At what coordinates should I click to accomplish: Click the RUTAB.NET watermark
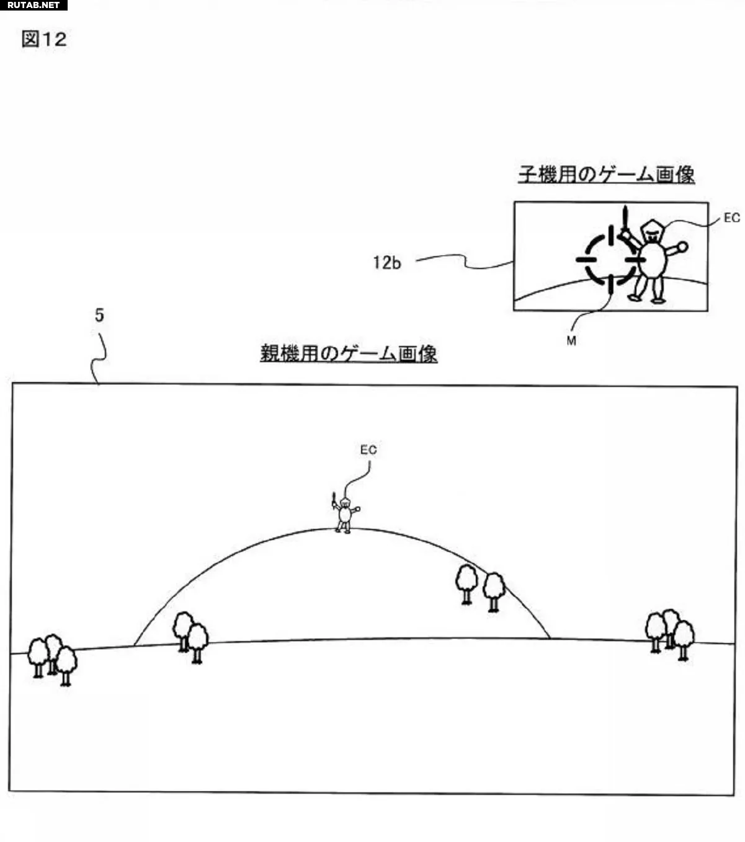33,5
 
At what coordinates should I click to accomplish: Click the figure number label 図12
44,39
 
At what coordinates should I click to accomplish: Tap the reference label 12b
386,263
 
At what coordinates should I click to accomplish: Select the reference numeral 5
99,315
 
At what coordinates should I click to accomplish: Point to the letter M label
571,341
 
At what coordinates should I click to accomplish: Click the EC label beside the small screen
732,218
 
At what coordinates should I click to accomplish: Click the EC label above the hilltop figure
368,450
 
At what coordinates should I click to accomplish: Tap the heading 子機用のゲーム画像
607,175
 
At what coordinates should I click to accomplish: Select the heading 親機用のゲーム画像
349,353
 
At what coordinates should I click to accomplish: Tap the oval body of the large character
652,260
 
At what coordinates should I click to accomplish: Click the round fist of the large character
682,247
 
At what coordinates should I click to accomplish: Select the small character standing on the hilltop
346,513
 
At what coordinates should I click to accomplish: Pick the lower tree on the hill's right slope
494,592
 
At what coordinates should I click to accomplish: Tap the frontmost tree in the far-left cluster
66,666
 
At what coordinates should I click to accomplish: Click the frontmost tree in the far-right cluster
684,640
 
